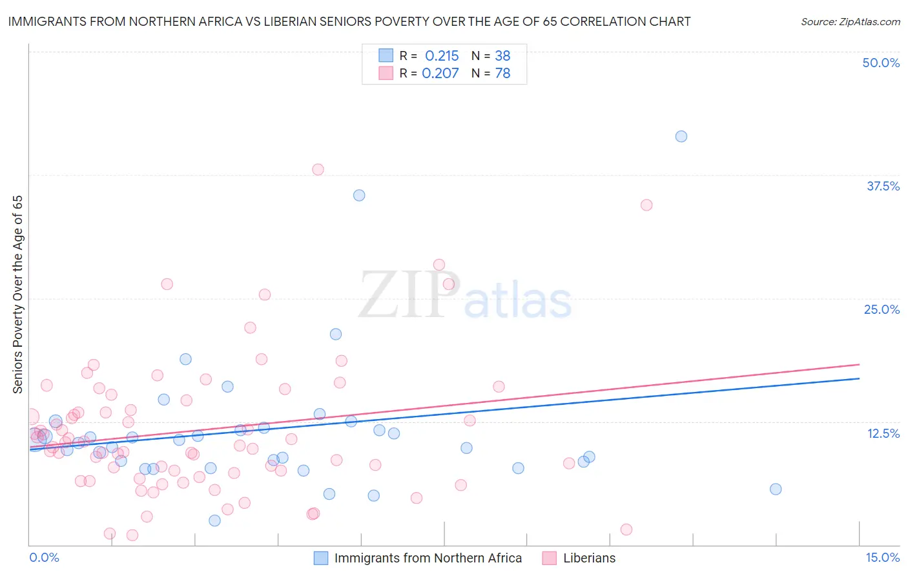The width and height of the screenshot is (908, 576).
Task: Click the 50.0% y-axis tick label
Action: tap(880, 63)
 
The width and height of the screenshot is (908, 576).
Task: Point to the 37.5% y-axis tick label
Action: tap(882, 186)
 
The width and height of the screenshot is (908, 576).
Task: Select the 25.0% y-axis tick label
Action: tap(881, 309)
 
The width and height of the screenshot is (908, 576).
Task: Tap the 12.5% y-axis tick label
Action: tap(882, 433)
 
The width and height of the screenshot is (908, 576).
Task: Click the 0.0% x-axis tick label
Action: tap(44, 557)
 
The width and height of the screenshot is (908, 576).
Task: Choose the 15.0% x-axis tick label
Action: tap(882, 557)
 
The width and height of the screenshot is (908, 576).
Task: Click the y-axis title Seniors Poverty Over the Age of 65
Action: tap(18, 294)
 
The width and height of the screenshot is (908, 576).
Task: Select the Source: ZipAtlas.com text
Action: tap(850, 22)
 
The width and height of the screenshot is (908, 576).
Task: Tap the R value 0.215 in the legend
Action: tap(442, 56)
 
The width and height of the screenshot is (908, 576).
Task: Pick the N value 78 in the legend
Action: tap(502, 74)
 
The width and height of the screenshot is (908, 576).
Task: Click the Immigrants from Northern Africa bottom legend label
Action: tap(428, 558)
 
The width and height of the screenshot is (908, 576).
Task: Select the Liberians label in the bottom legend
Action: tap(589, 558)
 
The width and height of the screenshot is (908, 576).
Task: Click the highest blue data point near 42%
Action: tap(681, 136)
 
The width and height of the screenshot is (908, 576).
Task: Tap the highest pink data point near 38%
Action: tap(318, 169)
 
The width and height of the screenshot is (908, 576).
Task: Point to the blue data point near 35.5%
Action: tap(359, 195)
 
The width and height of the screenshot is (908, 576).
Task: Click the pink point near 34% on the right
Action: tap(646, 205)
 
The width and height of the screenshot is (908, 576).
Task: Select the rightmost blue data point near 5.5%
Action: tap(776, 489)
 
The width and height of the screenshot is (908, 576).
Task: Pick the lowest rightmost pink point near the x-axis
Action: tap(626, 530)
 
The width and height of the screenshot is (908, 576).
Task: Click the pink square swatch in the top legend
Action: tap(386, 74)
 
